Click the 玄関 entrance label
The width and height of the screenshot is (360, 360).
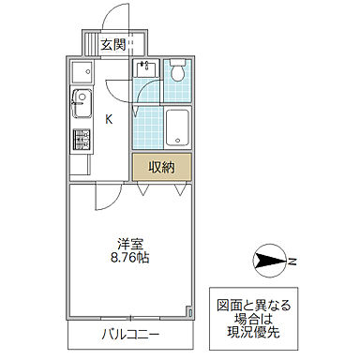pos(113,43)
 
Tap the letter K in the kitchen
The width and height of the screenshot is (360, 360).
pos(110,118)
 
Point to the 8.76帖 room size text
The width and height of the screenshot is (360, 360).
pos(130,257)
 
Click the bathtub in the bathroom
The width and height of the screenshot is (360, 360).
pos(178,127)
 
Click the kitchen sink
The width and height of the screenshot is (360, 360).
pos(80,102)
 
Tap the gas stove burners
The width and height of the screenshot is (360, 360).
pos(80,141)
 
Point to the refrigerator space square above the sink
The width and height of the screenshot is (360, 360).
pos(79,71)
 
